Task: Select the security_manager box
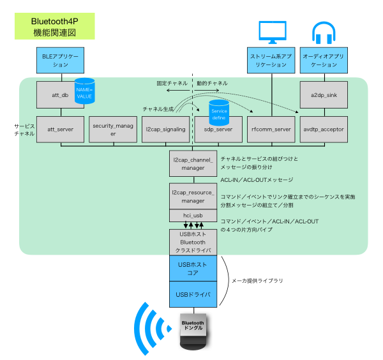(113, 130)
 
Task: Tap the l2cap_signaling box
(165, 130)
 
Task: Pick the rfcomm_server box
(271, 130)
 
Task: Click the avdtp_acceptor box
(324, 130)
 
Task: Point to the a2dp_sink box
(324, 94)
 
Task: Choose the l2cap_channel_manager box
(193, 163)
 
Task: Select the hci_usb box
(193, 215)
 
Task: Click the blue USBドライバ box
(193, 294)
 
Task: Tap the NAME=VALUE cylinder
(84, 91)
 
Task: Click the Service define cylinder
(219, 112)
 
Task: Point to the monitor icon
(273, 33)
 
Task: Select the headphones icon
(324, 33)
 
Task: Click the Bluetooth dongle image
(193, 331)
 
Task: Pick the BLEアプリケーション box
(61, 61)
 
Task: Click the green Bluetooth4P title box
(55, 26)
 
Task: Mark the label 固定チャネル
(172, 83)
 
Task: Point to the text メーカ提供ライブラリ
(257, 281)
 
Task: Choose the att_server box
(61, 130)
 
